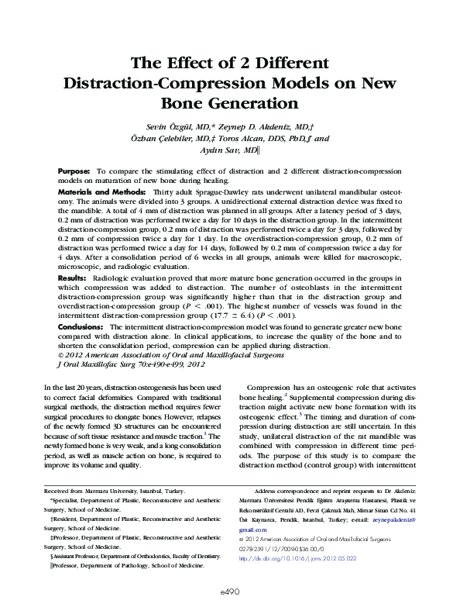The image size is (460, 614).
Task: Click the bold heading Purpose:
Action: click(74, 169)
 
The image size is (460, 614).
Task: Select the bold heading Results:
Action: click(72, 276)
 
